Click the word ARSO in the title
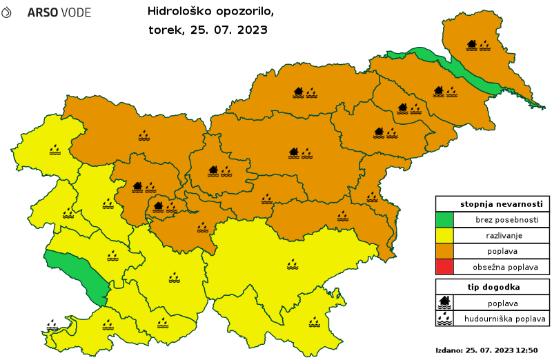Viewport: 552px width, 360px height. click(x=41, y=13)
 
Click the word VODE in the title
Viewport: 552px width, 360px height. click(x=74, y=13)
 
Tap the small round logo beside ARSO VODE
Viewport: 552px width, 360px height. click(x=6, y=12)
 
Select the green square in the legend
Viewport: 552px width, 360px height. click(x=444, y=219)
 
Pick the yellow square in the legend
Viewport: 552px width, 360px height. click(x=444, y=235)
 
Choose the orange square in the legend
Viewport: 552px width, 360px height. click(x=444, y=250)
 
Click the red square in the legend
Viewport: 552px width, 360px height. click(x=444, y=266)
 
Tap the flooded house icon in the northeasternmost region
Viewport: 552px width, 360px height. click(x=472, y=45)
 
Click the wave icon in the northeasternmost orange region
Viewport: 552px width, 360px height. click(x=485, y=45)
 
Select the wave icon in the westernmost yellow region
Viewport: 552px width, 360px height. click(x=55, y=148)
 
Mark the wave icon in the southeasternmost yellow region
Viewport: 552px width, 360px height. click(x=315, y=321)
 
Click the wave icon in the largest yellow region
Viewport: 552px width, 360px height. click(x=293, y=263)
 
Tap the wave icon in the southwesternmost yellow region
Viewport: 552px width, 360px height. click(x=108, y=324)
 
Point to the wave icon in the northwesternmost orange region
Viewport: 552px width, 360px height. click(x=144, y=135)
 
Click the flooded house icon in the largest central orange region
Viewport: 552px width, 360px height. click(x=294, y=152)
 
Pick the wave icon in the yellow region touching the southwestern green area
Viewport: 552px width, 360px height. click(x=112, y=256)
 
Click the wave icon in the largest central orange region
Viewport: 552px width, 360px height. click(x=307, y=152)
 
